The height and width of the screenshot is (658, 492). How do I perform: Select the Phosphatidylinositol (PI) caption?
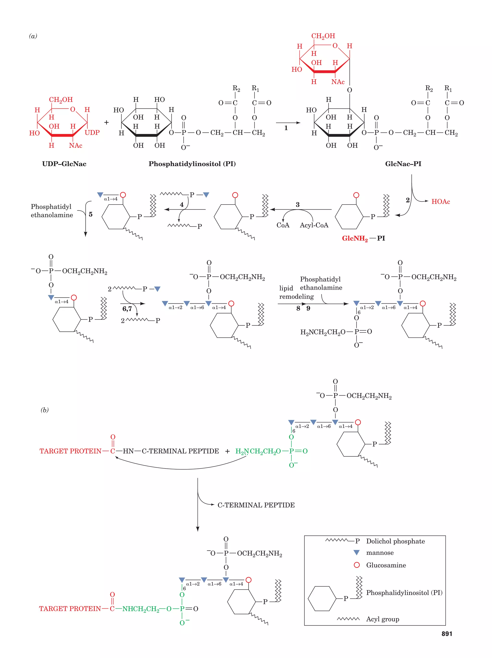tap(192, 164)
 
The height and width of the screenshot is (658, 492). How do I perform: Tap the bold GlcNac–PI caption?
tap(403, 164)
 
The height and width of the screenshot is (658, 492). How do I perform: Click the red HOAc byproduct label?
tap(441, 202)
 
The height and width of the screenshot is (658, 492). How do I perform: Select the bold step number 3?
tap(297, 205)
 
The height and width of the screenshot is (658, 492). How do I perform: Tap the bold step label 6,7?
tap(127, 309)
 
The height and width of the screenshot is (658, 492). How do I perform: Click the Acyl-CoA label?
tap(314, 225)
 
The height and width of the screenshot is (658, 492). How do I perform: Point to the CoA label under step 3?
tap(283, 225)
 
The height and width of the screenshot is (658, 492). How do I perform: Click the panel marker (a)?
tap(33, 36)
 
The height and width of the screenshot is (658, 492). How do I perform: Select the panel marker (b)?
tap(45, 410)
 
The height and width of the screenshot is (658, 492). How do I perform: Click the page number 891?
tap(446, 634)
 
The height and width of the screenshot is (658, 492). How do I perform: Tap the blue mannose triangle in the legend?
tap(356, 552)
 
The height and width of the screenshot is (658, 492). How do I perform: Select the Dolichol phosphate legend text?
tap(395, 541)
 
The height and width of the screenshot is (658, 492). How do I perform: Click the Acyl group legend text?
tap(382, 619)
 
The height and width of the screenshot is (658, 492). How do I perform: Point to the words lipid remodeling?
tap(296, 292)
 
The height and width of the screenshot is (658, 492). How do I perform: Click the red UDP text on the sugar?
tap(92, 133)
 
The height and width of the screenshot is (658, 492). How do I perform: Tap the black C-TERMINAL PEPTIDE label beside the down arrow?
tap(256, 505)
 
